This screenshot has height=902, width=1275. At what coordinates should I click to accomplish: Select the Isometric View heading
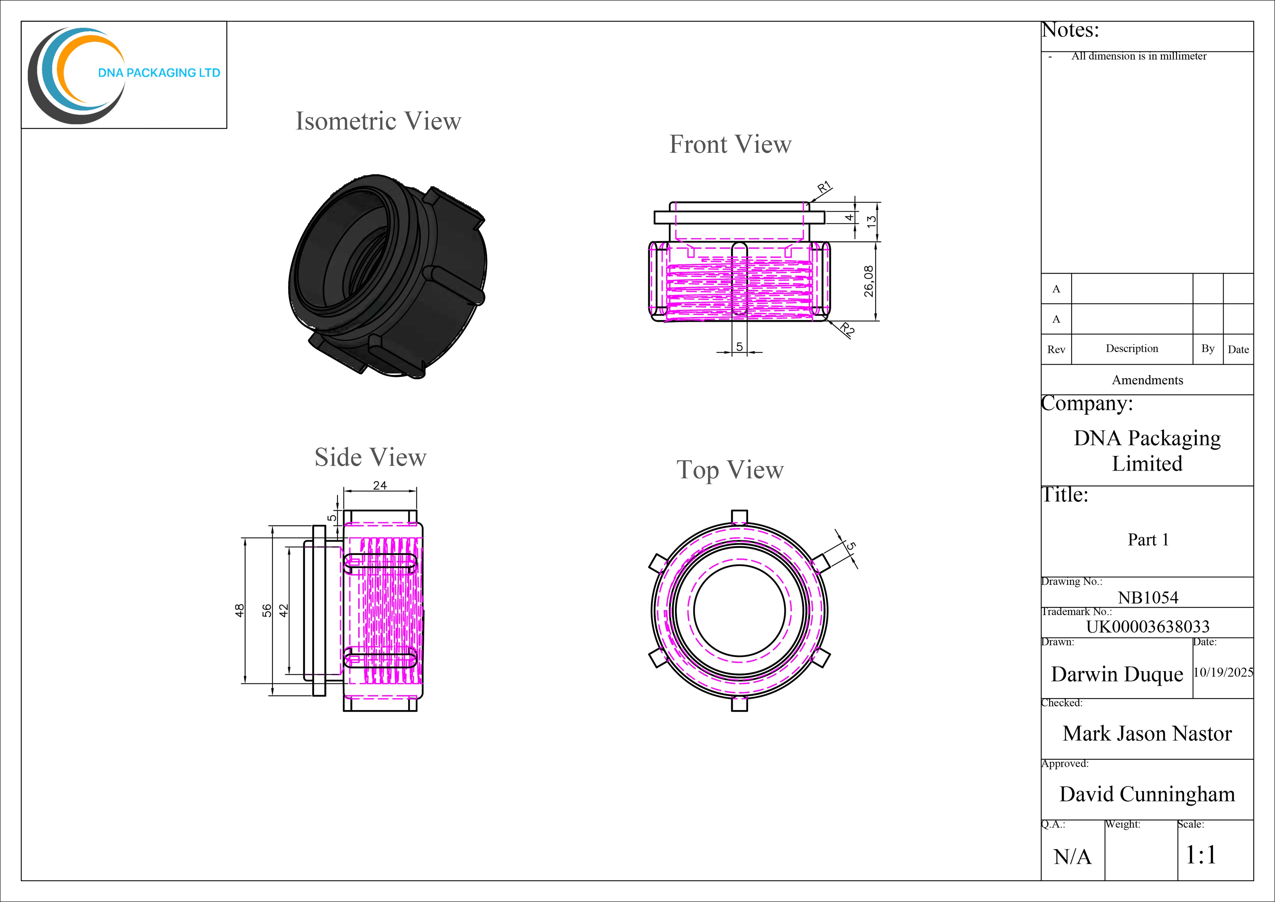378,121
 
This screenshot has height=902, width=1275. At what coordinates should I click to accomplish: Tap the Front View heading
730,144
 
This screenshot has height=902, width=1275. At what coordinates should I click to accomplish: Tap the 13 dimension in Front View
872,220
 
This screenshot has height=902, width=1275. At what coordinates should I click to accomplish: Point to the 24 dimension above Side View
380,486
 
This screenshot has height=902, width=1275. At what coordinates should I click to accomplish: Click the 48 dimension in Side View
239,610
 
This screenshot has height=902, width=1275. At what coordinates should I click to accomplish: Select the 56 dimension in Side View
267,610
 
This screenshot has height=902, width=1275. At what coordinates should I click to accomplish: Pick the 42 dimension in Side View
284,610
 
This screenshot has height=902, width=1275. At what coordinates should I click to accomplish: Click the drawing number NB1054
1148,598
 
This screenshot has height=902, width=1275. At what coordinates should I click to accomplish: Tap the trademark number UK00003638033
1148,626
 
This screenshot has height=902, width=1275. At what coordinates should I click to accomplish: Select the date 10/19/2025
1223,672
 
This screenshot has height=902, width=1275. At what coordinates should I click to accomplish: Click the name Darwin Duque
1117,674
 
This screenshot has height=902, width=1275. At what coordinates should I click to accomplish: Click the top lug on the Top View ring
739,516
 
